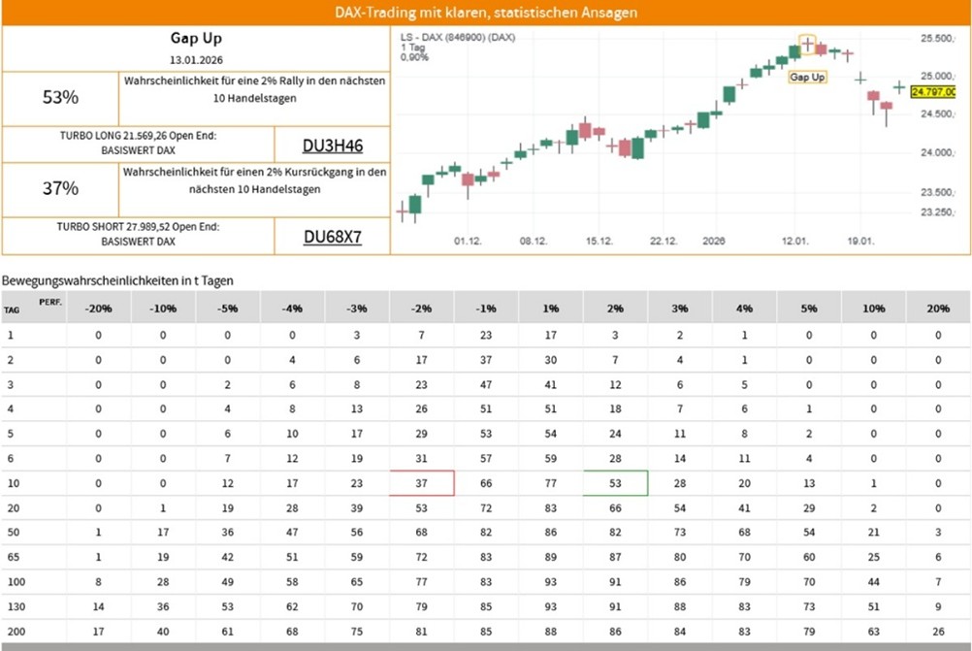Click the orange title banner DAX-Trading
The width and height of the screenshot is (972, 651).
pos(485,13)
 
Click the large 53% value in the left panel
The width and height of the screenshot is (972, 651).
pos(60,97)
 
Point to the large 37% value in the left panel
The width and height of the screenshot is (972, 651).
pos(60,189)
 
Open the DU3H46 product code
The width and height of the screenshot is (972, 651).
pos(333,146)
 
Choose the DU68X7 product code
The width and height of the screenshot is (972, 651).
pos(333,237)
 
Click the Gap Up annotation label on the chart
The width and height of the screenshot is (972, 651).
pos(807,77)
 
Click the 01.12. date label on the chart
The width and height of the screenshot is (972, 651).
pos(469,240)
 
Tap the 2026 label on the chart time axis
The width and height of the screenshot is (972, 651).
pos(714,240)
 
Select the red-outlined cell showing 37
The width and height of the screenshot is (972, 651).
pos(421,482)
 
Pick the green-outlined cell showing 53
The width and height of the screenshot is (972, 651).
pos(615,482)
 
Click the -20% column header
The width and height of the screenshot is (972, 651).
pos(98,309)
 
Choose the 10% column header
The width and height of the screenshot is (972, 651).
pos(873,309)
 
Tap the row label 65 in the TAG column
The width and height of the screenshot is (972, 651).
pos(11,557)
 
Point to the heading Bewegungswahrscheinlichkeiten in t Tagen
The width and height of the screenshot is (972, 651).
pos(117,280)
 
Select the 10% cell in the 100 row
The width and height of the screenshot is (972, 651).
pos(873,582)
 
